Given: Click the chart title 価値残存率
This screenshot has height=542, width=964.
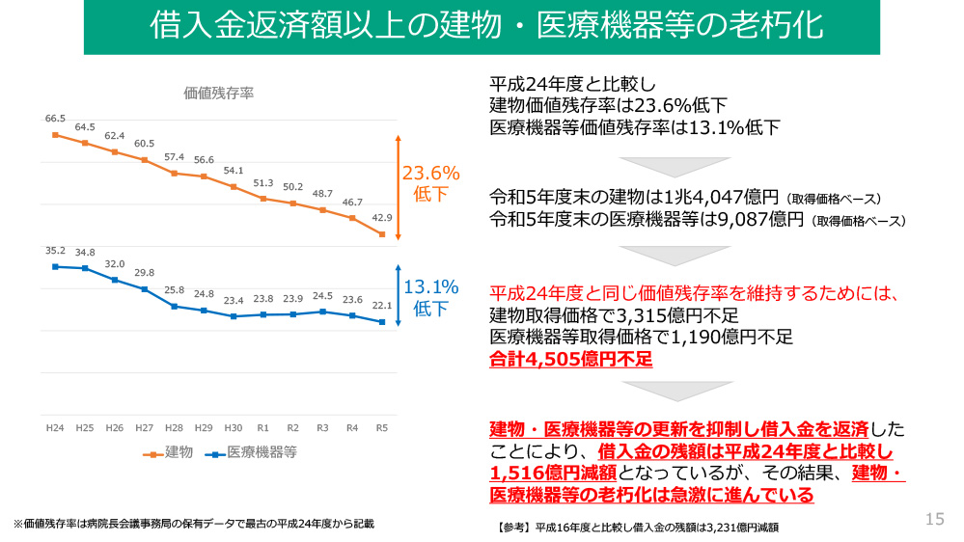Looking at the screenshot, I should tap(219, 93).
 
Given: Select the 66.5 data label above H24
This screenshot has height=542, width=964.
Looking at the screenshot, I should tap(55, 118).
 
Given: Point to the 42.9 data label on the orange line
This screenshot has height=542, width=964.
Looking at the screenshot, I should tap(382, 218).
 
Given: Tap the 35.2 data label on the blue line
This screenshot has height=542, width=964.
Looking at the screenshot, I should tap(55, 251).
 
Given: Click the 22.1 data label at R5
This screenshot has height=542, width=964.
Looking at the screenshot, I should tap(382, 306).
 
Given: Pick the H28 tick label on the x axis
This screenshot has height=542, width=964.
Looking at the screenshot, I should tap(174, 426).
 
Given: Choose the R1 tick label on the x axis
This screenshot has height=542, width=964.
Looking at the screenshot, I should tap(262, 426).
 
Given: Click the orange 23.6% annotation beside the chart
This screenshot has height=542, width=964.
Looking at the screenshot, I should tap(430, 174).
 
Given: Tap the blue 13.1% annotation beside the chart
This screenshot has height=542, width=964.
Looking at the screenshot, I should tap(430, 286).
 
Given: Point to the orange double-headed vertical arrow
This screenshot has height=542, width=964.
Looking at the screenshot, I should tap(397, 187).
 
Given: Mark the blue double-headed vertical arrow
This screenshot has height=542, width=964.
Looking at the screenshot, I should tap(397, 295).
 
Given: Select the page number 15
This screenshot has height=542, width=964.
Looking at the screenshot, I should tap(934, 520).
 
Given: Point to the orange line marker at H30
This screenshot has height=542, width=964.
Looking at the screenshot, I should tap(234, 186).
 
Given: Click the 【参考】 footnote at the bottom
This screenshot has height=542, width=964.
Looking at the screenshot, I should tap(637, 527).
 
